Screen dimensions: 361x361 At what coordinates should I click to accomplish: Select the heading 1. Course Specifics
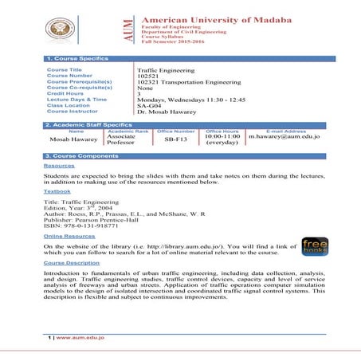click(x=75, y=59)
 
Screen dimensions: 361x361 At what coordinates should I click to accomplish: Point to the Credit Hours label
click(x=65, y=93)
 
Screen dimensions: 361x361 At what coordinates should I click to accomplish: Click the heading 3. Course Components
click(x=81, y=155)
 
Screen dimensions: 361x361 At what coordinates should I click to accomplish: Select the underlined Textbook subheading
click(x=57, y=191)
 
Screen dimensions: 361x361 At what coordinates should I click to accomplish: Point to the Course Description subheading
click(x=72, y=262)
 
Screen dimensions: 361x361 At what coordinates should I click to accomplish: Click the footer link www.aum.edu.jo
click(x=84, y=339)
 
